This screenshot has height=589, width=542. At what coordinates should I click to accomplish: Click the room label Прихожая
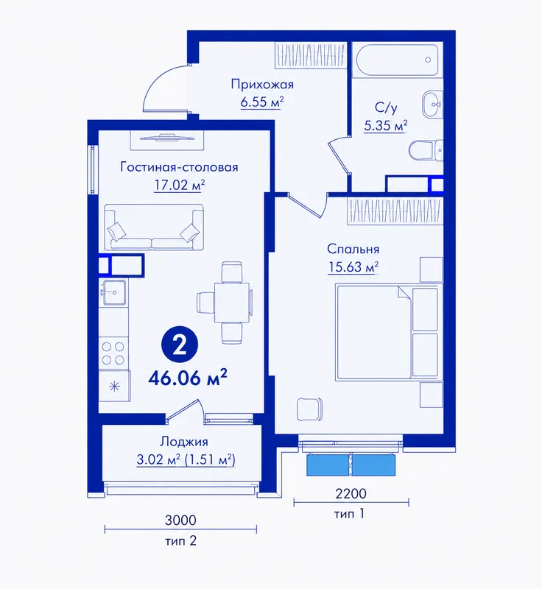(x=262, y=85)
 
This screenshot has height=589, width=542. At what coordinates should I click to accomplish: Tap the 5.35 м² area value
(x=386, y=125)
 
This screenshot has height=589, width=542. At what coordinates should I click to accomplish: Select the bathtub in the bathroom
(x=396, y=60)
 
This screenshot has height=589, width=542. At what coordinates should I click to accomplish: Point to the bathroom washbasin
(x=432, y=104)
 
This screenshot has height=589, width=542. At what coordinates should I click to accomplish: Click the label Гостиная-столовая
(x=179, y=167)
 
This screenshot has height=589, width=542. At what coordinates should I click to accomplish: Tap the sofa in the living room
(x=154, y=228)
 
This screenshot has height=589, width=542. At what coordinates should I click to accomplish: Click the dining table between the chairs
(x=232, y=303)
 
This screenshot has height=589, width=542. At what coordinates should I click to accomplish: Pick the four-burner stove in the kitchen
(x=113, y=353)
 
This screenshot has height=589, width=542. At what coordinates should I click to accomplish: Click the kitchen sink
(x=113, y=292)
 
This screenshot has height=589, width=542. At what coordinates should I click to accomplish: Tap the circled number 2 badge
(x=180, y=345)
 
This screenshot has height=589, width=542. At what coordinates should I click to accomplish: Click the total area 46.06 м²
(x=188, y=378)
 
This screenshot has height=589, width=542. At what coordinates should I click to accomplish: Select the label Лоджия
(x=184, y=442)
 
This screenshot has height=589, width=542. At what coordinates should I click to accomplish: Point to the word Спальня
(x=353, y=249)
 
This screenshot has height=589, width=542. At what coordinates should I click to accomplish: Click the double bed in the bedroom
(x=387, y=333)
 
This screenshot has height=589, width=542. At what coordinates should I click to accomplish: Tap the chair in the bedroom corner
(x=310, y=409)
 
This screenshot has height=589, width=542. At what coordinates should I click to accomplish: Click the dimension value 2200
(x=351, y=493)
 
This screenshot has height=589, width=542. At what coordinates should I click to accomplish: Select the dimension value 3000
(x=180, y=521)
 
